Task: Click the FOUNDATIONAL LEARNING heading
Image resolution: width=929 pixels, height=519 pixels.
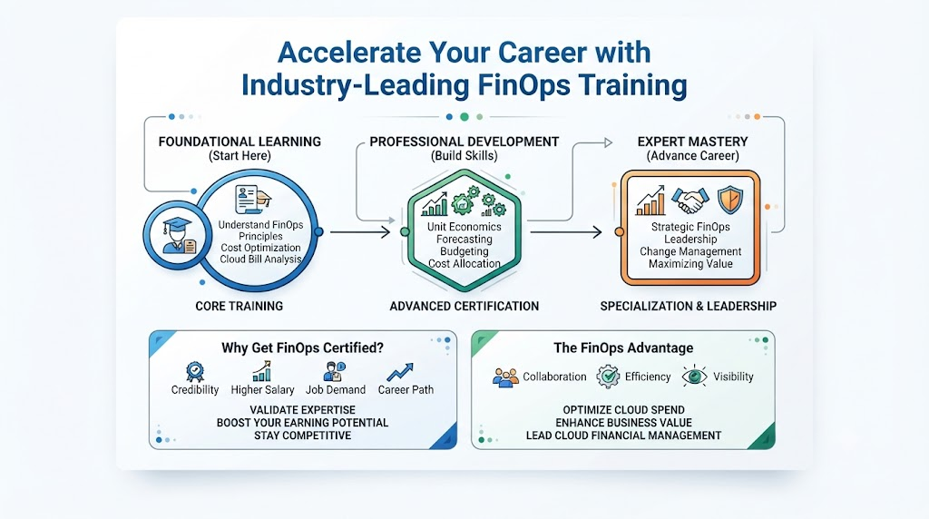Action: [x=240, y=142]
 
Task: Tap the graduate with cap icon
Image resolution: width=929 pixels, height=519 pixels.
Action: [x=178, y=235]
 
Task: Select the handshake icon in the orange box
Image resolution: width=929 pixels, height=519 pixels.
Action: [x=690, y=201]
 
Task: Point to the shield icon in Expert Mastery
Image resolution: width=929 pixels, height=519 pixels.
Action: [x=730, y=200]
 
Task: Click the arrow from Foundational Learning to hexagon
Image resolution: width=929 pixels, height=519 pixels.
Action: [x=359, y=231]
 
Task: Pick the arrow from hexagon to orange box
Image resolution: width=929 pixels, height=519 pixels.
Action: [x=566, y=231]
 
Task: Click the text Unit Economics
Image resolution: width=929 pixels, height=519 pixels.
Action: [x=464, y=226]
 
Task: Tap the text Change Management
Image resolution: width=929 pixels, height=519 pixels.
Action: [x=690, y=251]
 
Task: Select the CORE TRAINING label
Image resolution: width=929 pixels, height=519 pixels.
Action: [x=240, y=307]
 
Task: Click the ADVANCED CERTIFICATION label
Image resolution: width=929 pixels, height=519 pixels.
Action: [x=464, y=307]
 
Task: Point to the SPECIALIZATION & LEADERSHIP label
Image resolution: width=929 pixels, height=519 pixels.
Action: [x=688, y=307]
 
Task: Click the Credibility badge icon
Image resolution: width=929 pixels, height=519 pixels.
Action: [x=194, y=372]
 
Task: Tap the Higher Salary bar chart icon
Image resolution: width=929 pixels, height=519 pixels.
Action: [x=262, y=371]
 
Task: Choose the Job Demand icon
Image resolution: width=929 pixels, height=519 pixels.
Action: [x=334, y=371]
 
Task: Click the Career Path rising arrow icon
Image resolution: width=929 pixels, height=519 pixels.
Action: [x=400, y=372]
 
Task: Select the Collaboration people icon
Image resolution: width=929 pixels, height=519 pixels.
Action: [x=505, y=377]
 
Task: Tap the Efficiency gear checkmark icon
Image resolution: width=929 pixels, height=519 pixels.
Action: [x=608, y=377]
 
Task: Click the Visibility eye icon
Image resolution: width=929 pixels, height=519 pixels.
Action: [x=694, y=377]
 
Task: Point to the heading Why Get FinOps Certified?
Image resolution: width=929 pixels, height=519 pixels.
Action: [x=303, y=348]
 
